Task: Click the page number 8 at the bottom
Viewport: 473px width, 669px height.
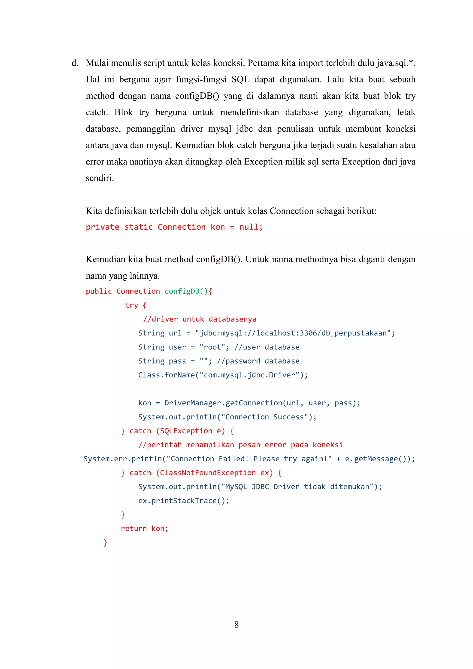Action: point(236,624)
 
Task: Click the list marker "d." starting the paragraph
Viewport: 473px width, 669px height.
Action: point(75,63)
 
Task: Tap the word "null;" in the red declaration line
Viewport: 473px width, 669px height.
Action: point(251,227)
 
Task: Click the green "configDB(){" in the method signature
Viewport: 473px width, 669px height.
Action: point(188,291)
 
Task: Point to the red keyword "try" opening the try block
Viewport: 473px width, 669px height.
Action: point(131,305)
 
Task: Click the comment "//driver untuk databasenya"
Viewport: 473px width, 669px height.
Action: point(200,319)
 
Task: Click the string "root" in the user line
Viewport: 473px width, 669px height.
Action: point(212,347)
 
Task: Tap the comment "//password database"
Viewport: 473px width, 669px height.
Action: point(258,361)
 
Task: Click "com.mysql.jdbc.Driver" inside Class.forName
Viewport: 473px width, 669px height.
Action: point(249,375)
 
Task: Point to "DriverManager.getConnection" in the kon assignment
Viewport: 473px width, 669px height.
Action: point(223,403)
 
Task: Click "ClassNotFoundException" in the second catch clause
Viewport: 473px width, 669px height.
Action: point(208,473)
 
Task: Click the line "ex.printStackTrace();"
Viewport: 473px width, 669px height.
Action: point(184,501)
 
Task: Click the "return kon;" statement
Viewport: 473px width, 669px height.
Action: point(144,529)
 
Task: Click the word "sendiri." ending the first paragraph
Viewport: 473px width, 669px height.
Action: point(100,178)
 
